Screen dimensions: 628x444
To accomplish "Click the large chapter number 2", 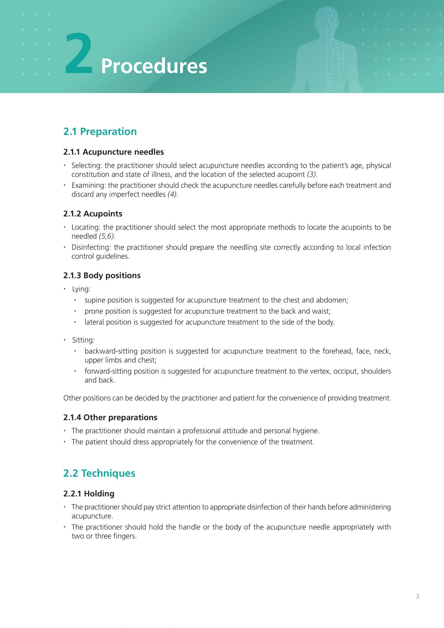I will coord(79,54).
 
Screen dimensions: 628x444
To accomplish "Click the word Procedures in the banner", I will coord(154,66).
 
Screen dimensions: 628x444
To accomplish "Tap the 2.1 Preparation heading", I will coord(100,131).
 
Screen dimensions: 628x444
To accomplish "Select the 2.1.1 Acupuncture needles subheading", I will coord(114,152).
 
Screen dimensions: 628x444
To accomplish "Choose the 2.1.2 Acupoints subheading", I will coord(93,214).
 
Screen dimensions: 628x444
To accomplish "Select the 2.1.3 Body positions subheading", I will coord(102,275).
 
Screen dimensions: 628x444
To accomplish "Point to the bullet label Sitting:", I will coord(83,340).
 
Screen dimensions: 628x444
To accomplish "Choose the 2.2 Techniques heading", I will coord(99,473).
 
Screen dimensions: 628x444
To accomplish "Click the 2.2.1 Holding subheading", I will coord(89,494).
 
